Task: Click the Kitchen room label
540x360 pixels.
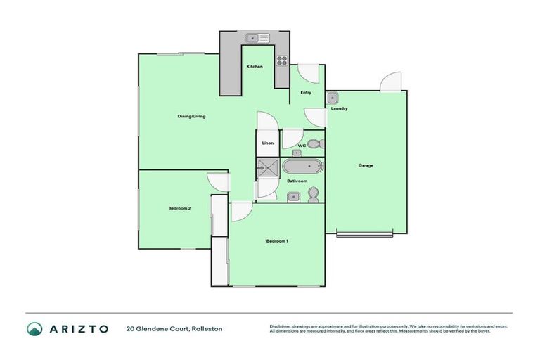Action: (x=255, y=67)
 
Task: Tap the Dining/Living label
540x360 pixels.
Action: (x=191, y=116)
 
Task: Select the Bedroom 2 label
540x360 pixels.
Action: (x=180, y=208)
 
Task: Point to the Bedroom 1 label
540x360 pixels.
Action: (x=277, y=241)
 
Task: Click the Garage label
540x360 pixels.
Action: (x=366, y=166)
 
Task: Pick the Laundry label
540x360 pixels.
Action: (x=340, y=109)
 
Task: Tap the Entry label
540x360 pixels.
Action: (x=306, y=93)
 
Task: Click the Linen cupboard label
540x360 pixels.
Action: (x=268, y=143)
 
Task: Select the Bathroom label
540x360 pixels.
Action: (x=297, y=181)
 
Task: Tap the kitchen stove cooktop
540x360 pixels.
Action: (x=282, y=60)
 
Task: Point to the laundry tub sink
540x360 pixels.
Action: (x=333, y=98)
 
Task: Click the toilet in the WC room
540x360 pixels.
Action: (x=315, y=144)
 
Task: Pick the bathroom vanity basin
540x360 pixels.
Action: (x=295, y=195)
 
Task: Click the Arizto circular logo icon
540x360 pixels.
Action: (x=34, y=328)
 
